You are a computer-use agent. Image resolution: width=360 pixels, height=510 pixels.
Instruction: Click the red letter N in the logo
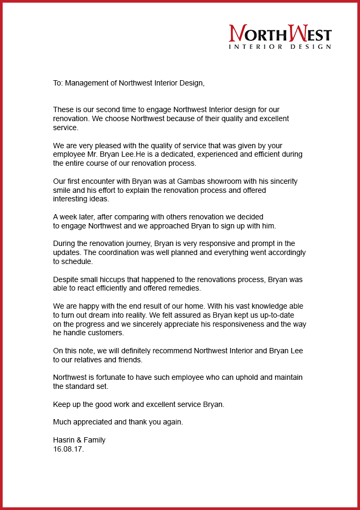[x=236, y=33]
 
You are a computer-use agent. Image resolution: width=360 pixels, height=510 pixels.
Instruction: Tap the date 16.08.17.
[x=68, y=449]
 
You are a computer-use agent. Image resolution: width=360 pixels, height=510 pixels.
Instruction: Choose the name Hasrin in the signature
[x=64, y=440]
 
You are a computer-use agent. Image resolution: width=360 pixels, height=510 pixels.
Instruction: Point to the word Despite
[x=66, y=279]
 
